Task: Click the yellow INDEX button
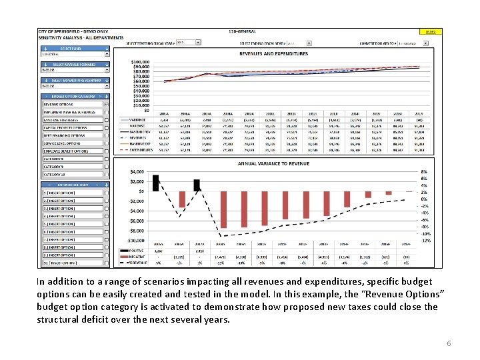tap(431, 31)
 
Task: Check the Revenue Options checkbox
tap(107, 105)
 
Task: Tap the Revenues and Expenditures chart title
tap(273, 53)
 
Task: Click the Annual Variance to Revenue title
tap(273, 163)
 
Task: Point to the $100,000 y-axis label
tap(140, 61)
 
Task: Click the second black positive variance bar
tap(197, 183)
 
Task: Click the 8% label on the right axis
tap(425, 172)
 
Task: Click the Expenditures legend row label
tap(141, 150)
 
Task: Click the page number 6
tap(449, 343)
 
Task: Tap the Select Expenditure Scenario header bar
tap(75, 80)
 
